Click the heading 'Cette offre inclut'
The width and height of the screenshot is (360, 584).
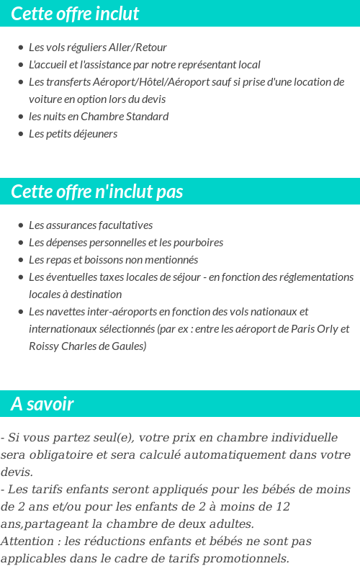(x=75, y=14)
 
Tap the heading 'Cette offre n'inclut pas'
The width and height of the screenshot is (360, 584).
(x=97, y=192)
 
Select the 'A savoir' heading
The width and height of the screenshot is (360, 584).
(x=42, y=404)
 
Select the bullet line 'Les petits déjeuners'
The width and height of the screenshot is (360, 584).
(x=73, y=134)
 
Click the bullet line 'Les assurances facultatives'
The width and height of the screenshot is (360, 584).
(x=91, y=225)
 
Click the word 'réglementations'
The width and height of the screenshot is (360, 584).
(x=317, y=277)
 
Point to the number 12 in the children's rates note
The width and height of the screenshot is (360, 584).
(x=283, y=507)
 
